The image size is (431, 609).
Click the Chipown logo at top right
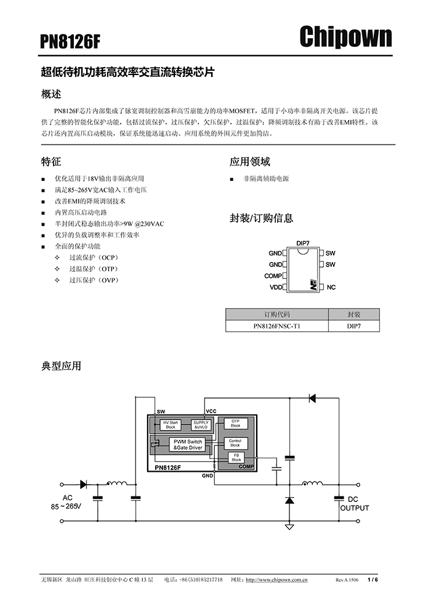(x=345, y=37)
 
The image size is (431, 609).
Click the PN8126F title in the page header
(x=70, y=42)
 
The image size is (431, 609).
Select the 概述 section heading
(x=51, y=94)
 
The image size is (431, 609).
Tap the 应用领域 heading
(x=249, y=162)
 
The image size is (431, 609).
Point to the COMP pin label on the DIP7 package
(x=273, y=276)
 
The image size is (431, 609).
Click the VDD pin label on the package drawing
(x=276, y=287)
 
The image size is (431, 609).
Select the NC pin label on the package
(x=331, y=287)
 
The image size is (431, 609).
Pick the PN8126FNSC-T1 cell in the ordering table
(x=276, y=326)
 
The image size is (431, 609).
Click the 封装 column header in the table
(x=353, y=314)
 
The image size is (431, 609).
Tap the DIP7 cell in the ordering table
(x=353, y=326)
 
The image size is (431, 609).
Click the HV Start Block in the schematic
(x=171, y=425)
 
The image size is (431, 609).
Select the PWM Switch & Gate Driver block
(x=188, y=445)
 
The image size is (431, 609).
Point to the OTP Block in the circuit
(x=236, y=424)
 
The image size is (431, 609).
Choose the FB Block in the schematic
(x=236, y=458)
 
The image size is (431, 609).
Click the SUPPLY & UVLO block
(x=201, y=425)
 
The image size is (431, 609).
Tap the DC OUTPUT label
(x=355, y=504)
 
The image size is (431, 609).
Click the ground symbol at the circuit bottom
(x=289, y=527)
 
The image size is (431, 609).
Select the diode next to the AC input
(x=84, y=484)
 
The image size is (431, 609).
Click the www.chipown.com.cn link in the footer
(x=276, y=580)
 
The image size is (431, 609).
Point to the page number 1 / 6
(x=373, y=580)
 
